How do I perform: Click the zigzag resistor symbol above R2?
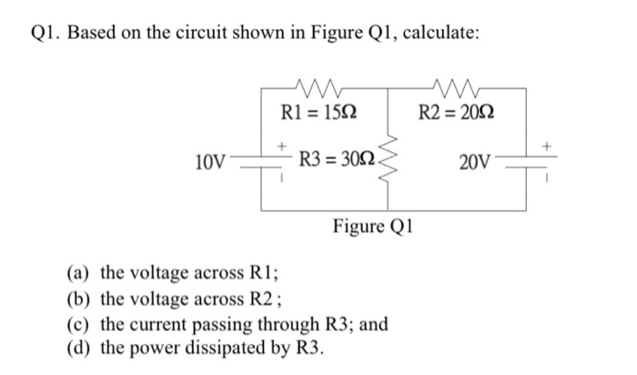click(455, 87)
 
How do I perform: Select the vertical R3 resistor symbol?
click(388, 159)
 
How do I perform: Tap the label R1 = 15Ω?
click(318, 112)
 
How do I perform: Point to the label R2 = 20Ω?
click(457, 112)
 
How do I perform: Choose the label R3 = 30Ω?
click(338, 159)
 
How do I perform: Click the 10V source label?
click(210, 162)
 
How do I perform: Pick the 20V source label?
click(475, 162)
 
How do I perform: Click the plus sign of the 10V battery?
click(281, 145)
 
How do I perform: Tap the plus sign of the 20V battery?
click(547, 145)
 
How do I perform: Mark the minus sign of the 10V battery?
click(281, 177)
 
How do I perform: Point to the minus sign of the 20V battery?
click(547, 177)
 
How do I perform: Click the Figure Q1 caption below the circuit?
click(372, 226)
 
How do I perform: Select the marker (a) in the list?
click(77, 273)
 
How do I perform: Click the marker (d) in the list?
click(77, 348)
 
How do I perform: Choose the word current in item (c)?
click(158, 325)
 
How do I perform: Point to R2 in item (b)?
click(261, 299)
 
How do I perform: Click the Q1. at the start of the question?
click(46, 33)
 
